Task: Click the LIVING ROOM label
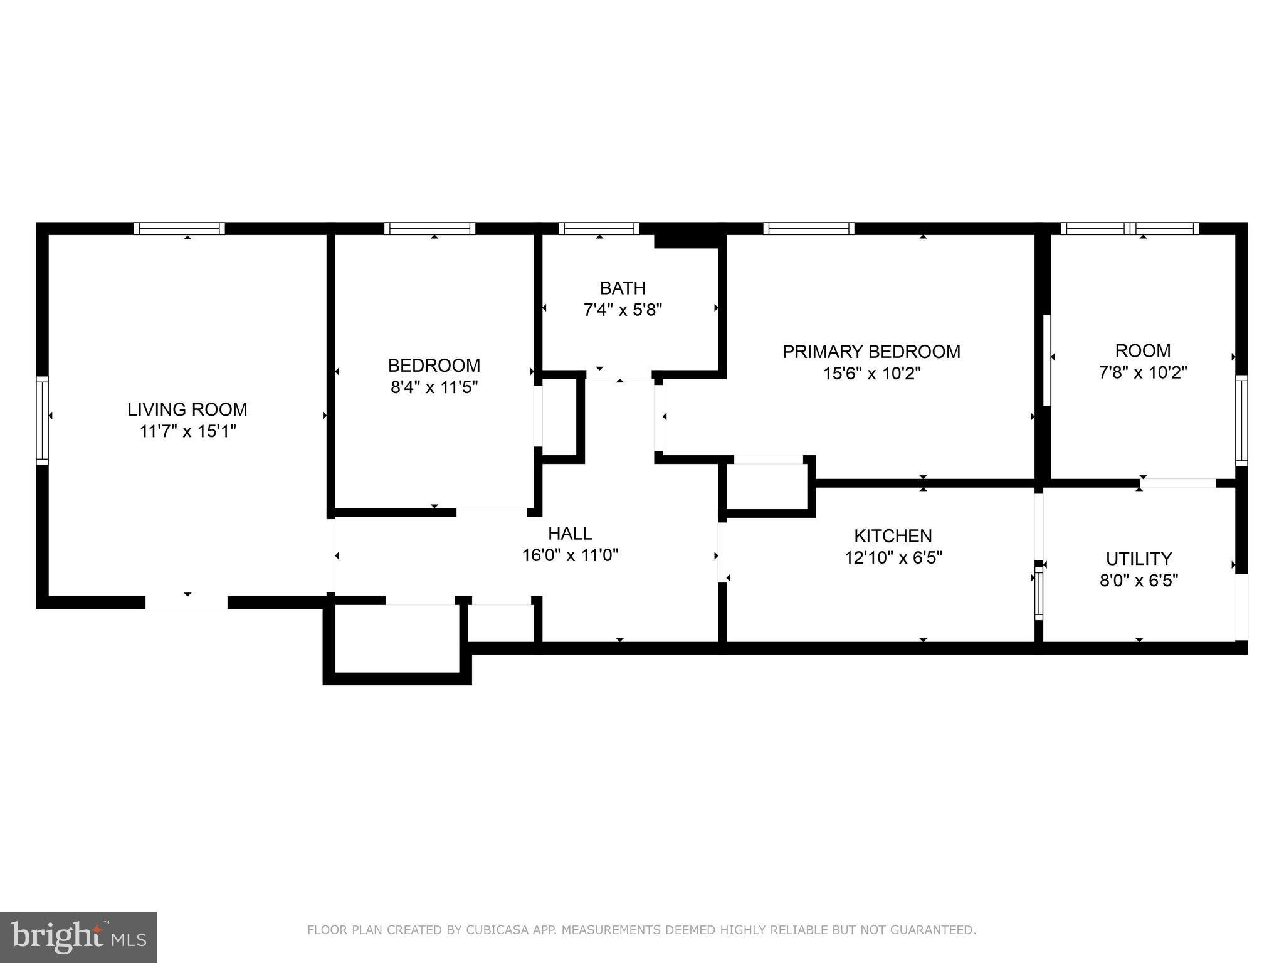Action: [187, 409]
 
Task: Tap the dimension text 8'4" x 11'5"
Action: [434, 387]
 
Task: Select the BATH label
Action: [622, 288]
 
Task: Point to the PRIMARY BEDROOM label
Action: [871, 352]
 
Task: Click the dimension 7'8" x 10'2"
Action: [1142, 373]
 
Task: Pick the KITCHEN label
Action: [893, 536]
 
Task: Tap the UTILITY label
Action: [1139, 559]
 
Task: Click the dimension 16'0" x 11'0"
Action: [570, 555]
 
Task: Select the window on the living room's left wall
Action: [42, 420]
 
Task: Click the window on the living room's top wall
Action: [179, 229]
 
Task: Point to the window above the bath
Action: [599, 229]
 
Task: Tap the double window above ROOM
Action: [1130, 229]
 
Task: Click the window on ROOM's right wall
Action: [1241, 420]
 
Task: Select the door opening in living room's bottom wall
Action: [186, 603]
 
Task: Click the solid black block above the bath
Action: [686, 241]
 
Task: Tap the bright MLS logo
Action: [78, 937]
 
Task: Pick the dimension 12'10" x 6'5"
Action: [893, 558]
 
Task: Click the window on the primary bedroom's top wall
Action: [808, 229]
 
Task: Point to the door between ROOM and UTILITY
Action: [1177, 483]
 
